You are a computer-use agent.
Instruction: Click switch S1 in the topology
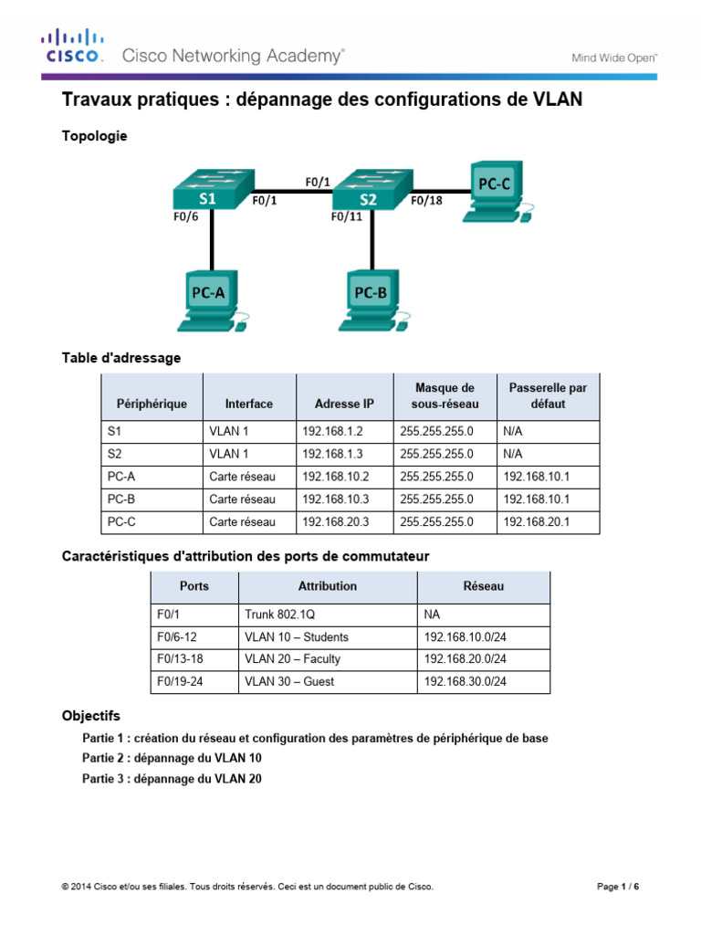point(209,193)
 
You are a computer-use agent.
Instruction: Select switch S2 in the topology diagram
point(368,193)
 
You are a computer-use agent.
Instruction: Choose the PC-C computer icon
point(496,192)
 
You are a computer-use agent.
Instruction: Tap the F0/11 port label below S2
point(347,217)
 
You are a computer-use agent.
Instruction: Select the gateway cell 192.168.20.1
point(536,522)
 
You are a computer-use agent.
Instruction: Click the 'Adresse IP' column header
point(344,404)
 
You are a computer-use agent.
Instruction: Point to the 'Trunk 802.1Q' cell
point(280,615)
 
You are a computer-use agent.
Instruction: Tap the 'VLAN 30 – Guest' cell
point(289,681)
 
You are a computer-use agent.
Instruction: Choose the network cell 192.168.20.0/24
point(465,659)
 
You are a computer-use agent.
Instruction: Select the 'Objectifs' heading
point(90,717)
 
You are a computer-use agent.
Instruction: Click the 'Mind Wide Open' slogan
point(614,58)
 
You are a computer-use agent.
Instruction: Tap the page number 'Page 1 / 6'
point(618,887)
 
